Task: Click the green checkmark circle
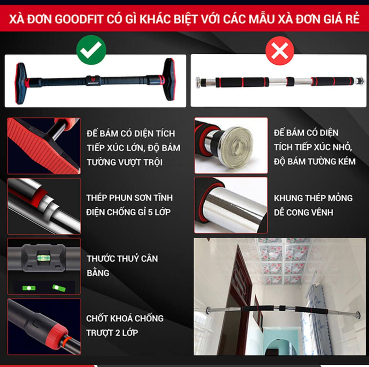pyautogui.click(x=91, y=50)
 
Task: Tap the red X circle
pyautogui.click(x=280, y=51)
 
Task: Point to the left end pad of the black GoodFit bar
pyautogui.click(x=21, y=83)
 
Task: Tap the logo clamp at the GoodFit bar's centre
pyautogui.click(x=93, y=80)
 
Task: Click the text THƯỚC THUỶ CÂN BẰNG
pyautogui.click(x=122, y=266)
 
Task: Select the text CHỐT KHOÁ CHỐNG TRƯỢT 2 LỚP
pyautogui.click(x=125, y=326)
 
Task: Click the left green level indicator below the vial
pyautogui.click(x=29, y=288)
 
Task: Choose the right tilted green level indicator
pyautogui.click(x=59, y=288)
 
